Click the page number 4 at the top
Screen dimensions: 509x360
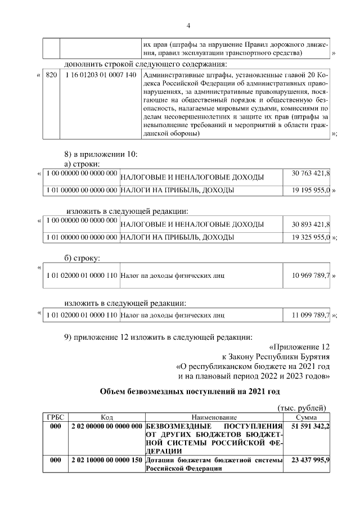point(188,26)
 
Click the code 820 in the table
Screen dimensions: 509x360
point(51,75)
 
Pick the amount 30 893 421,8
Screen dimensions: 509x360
point(310,224)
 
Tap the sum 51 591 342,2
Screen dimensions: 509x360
point(310,427)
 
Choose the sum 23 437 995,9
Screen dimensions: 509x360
point(310,460)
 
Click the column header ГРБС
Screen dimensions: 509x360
point(56,417)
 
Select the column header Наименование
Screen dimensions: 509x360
point(214,417)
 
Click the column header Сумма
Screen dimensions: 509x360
point(307,417)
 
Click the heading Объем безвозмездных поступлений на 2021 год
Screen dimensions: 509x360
point(190,391)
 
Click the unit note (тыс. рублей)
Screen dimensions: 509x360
point(302,408)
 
